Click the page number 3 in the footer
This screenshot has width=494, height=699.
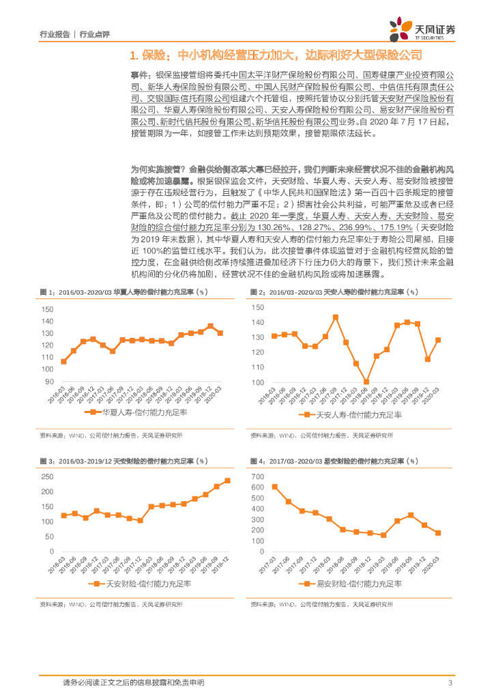tap(450, 683)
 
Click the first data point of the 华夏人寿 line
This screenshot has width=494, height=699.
tap(63, 361)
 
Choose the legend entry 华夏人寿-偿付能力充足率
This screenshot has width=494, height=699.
tap(140, 413)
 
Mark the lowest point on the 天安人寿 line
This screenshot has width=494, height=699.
tap(366, 382)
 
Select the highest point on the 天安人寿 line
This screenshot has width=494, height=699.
tap(336, 317)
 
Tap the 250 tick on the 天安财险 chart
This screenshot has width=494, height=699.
tap(47, 476)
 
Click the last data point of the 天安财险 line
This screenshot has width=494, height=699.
tap(227, 481)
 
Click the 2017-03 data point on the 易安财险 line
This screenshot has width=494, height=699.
tap(274, 487)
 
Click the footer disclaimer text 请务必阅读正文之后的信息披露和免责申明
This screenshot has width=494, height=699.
tap(133, 683)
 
